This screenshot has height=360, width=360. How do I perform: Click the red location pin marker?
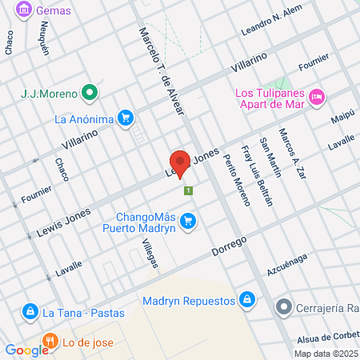pos(181,163)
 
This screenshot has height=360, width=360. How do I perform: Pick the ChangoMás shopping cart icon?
pos(187,220)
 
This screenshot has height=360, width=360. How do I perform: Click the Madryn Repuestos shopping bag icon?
pos(247,301)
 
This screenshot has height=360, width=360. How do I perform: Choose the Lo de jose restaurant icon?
pos(50,342)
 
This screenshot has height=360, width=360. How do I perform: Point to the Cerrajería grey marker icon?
pos(282,307)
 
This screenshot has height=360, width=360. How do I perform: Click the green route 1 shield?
pos(188,190)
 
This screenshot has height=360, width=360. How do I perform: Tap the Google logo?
pos(26,350)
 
